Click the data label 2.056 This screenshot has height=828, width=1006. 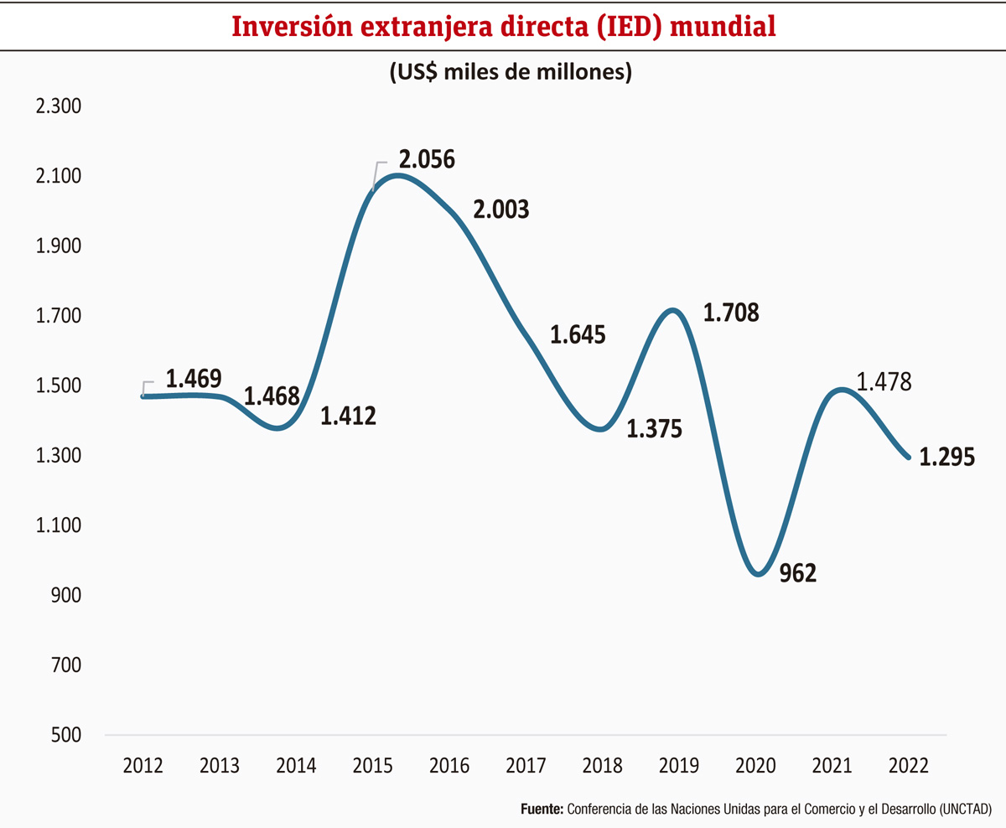[x=427, y=160]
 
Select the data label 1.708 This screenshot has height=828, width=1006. [x=731, y=313]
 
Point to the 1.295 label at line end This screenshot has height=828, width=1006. [x=946, y=458]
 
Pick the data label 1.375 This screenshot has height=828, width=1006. [x=655, y=429]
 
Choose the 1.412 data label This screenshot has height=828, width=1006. [x=348, y=415]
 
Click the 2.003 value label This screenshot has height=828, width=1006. [x=501, y=210]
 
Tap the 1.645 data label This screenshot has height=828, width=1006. [x=578, y=335]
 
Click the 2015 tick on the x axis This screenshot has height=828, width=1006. [x=372, y=765]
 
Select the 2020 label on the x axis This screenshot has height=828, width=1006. [x=755, y=765]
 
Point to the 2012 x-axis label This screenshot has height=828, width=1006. [x=143, y=765]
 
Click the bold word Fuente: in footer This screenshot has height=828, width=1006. [x=542, y=810]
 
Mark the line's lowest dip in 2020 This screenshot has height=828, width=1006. [x=759, y=574]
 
